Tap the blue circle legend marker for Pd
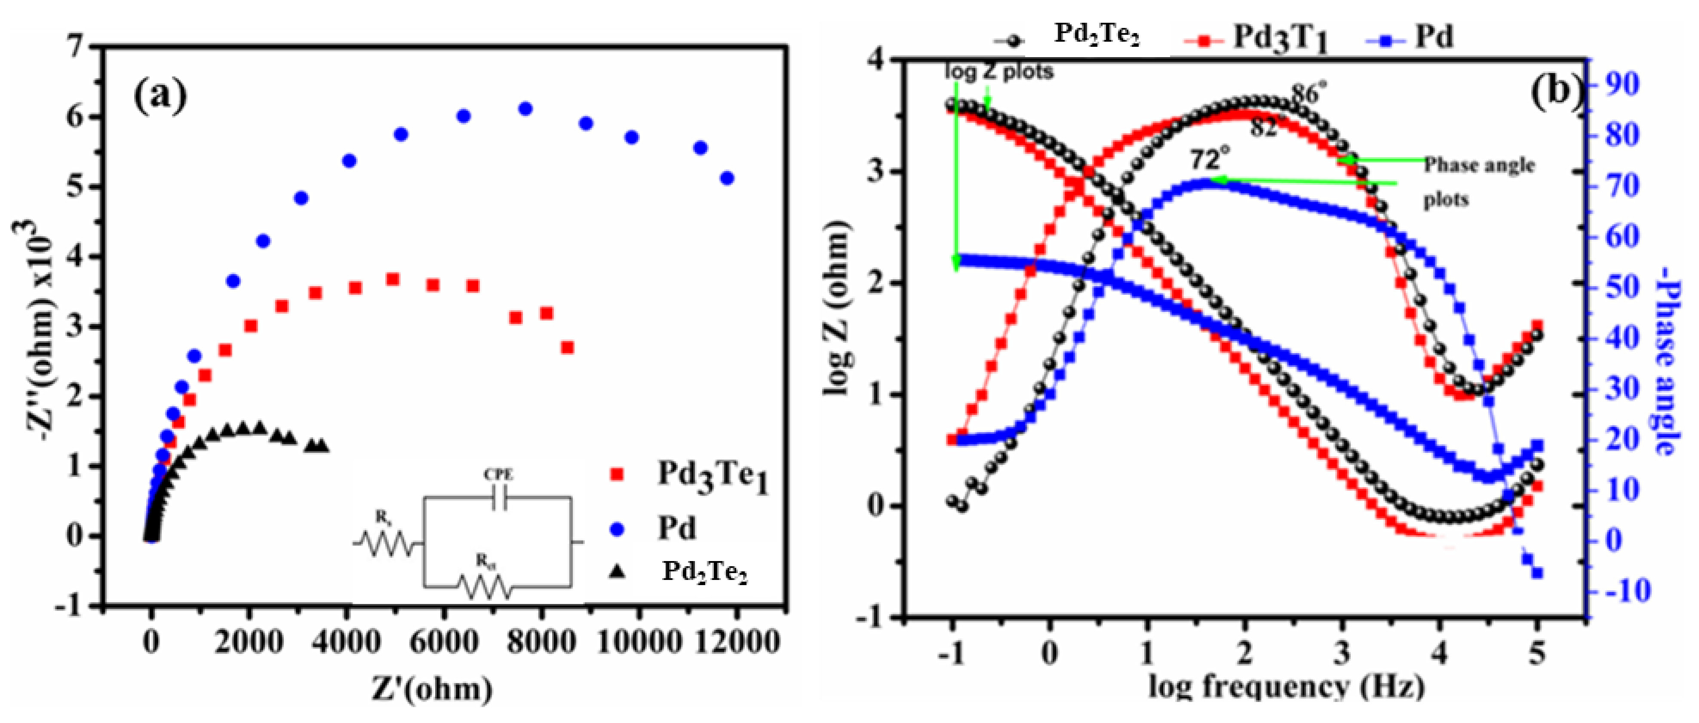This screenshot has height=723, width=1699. tap(618, 528)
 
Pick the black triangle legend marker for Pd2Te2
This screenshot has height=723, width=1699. tap(618, 571)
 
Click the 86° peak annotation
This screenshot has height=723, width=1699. tap(1305, 94)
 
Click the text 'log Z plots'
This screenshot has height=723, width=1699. tap(999, 71)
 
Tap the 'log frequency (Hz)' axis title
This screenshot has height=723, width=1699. tap(1286, 687)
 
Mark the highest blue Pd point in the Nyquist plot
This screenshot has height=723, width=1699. tap(525, 109)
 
